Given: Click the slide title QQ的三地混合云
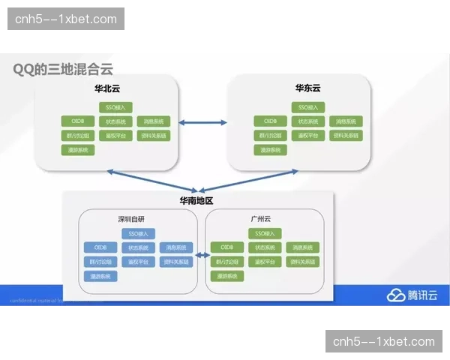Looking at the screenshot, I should pyautogui.click(x=62, y=69).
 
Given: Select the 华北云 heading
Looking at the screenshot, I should pyautogui.click(x=106, y=88).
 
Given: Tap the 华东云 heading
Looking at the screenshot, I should pyautogui.click(x=307, y=88).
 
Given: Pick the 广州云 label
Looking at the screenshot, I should pyautogui.click(x=260, y=219).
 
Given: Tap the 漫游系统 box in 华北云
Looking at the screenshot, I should pyautogui.click(x=78, y=150).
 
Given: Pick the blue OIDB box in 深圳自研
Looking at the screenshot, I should pyautogui.click(x=100, y=247).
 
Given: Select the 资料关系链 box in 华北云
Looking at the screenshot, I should pyautogui.click(x=154, y=136).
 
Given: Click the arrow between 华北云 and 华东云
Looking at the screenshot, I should pyautogui.click(x=202, y=121).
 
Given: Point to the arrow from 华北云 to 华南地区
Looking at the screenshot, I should pyautogui.click(x=150, y=181).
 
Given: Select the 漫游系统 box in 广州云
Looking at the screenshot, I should pyautogui.click(x=226, y=276).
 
